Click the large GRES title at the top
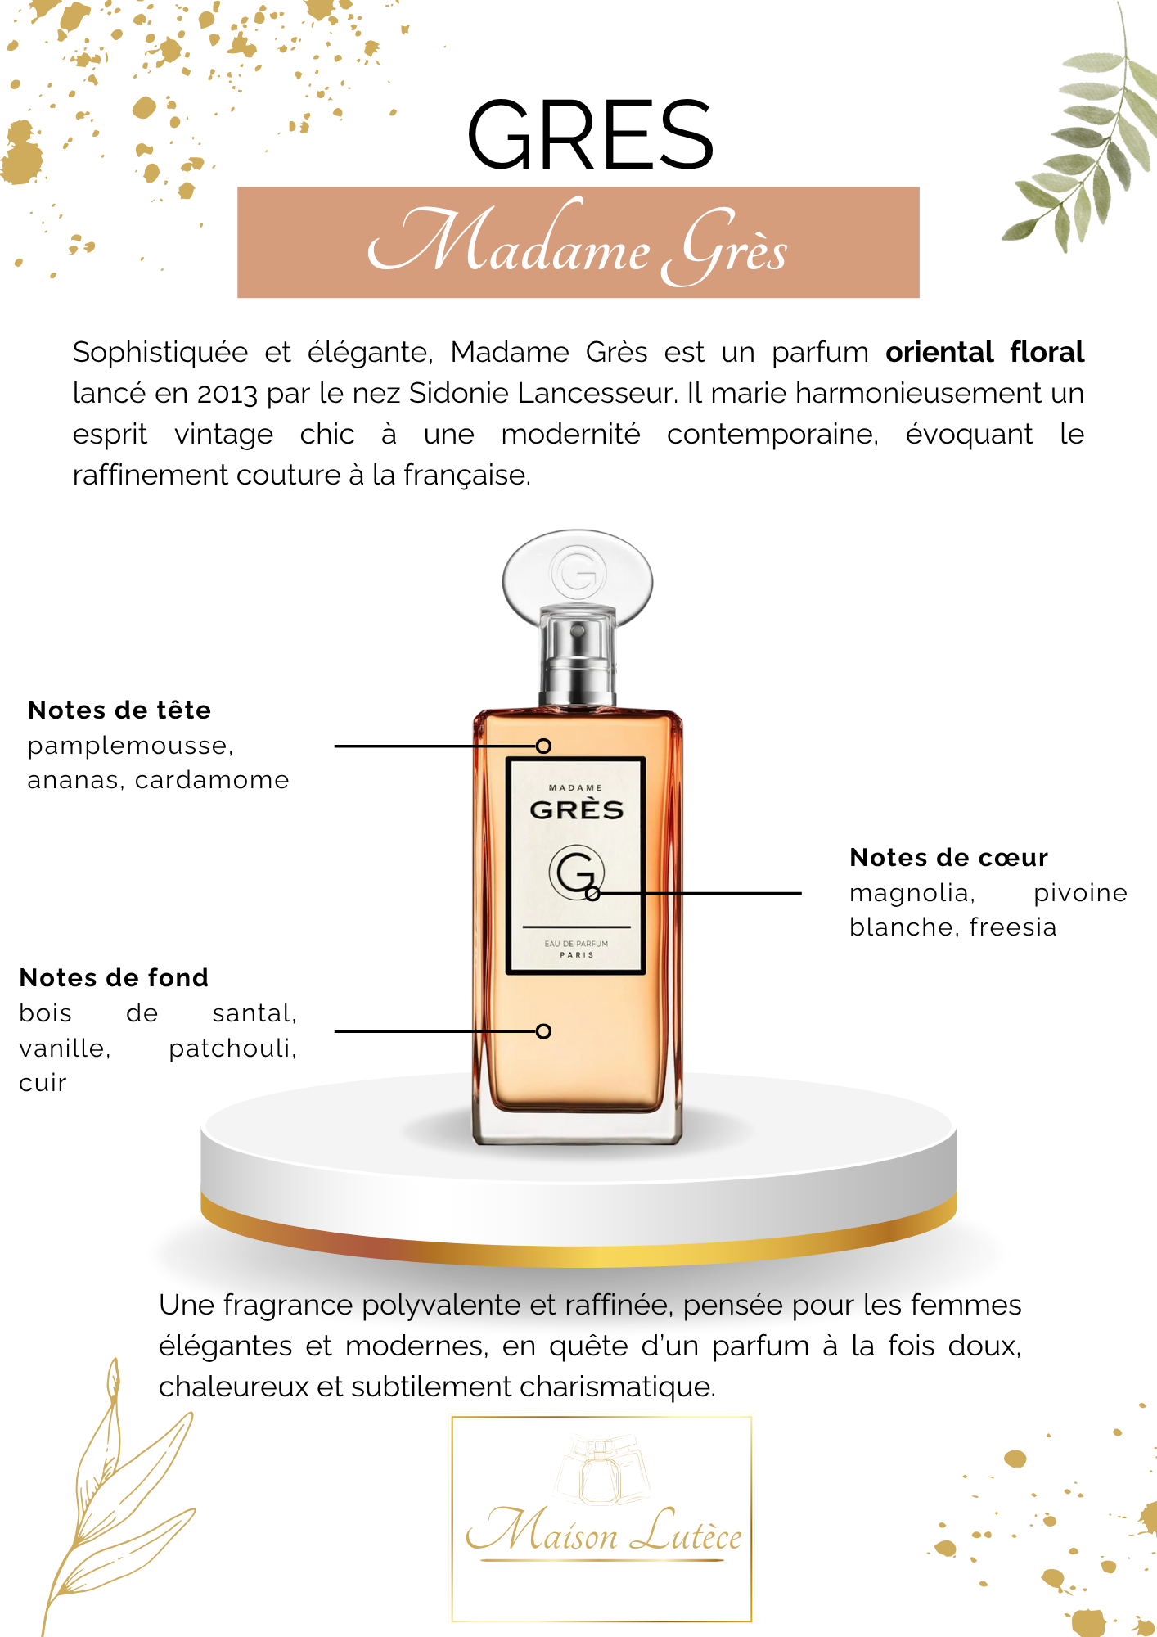point(590,135)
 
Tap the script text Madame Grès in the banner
point(578,242)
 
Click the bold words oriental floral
point(985,352)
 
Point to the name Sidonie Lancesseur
point(542,393)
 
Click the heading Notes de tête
point(119,710)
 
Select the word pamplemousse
point(130,746)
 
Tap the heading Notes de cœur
point(948,857)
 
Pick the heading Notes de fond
point(114,977)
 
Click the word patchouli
point(232,1048)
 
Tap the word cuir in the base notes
point(43,1083)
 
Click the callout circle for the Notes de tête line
point(543,746)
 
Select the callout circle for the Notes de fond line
point(543,1031)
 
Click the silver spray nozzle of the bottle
point(578,655)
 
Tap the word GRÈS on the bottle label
point(577,810)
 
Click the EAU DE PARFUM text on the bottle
point(577,944)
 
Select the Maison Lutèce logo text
point(604,1531)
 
